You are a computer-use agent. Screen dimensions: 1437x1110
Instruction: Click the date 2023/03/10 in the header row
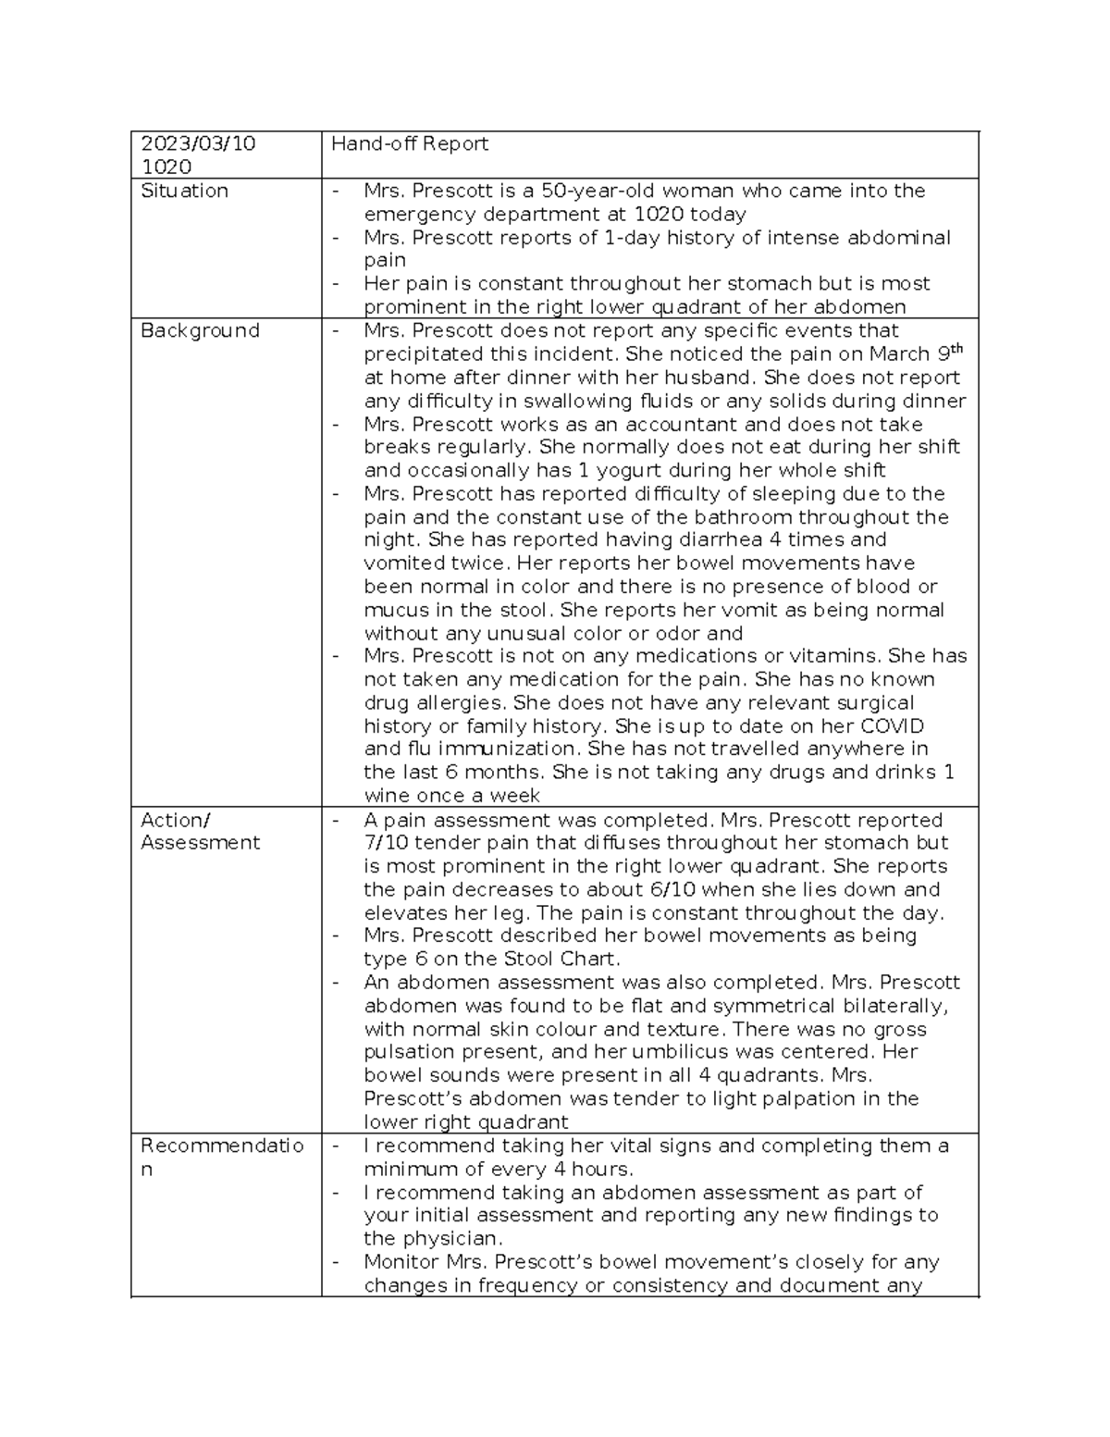click(x=198, y=143)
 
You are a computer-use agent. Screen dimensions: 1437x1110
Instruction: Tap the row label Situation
click(x=184, y=191)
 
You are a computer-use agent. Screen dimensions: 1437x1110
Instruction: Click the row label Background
click(x=200, y=330)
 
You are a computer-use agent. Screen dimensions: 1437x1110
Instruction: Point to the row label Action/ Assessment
click(x=200, y=831)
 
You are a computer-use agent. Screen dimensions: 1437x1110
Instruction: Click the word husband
click(x=696, y=378)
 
